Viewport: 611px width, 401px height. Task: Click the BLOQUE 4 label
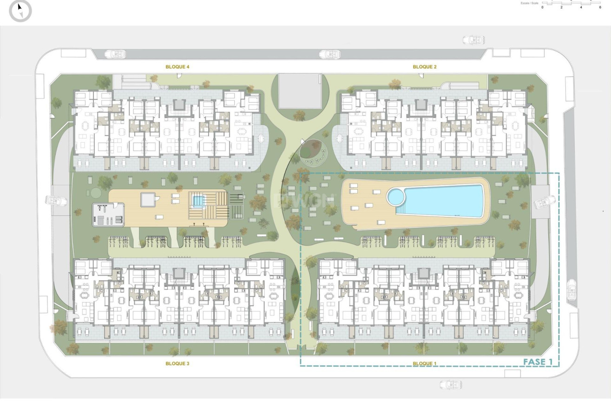tap(177, 67)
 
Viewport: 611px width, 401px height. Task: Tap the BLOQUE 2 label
tap(425, 67)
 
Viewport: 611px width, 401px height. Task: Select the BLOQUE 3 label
tap(177, 363)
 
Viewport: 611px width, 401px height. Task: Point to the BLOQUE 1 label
tap(425, 363)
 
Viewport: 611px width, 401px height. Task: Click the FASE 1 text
tap(538, 362)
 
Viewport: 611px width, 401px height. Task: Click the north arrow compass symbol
tap(20, 11)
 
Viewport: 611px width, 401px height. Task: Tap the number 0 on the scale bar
tap(542, 7)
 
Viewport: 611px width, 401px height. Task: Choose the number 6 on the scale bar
tap(600, 7)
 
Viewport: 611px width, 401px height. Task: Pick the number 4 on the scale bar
tap(581, 7)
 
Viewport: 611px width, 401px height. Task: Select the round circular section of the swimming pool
tap(396, 197)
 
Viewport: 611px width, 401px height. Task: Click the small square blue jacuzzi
tap(198, 201)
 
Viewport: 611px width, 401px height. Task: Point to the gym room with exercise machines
tap(108, 214)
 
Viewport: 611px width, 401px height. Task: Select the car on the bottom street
tap(451, 385)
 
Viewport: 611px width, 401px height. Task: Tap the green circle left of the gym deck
tap(96, 192)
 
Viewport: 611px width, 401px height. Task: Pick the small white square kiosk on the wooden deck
tap(148, 200)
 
